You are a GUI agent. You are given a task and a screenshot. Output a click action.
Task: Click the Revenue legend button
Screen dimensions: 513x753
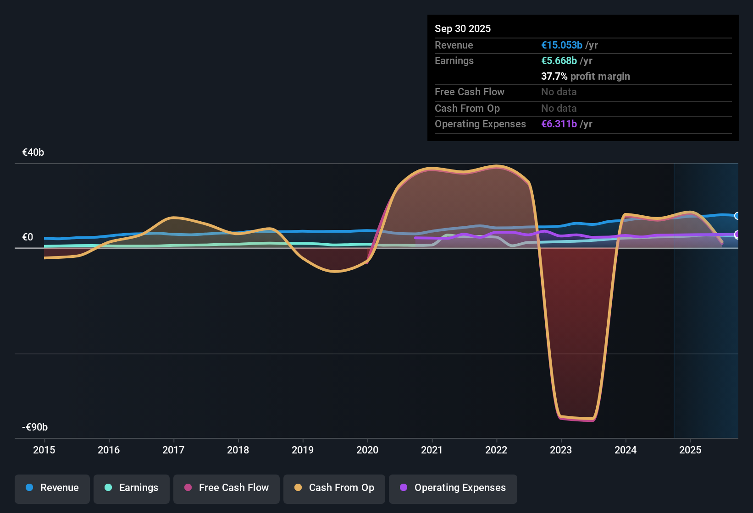[x=52, y=488]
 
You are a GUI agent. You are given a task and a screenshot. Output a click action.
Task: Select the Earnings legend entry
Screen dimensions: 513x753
[x=132, y=488]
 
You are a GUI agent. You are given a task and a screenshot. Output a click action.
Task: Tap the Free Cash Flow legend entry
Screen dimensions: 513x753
[x=227, y=488]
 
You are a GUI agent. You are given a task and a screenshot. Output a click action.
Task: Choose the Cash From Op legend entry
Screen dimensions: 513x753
[x=334, y=488]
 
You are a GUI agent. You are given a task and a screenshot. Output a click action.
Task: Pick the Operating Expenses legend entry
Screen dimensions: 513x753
[x=453, y=488]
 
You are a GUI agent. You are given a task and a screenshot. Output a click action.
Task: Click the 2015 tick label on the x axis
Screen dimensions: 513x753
[x=44, y=450]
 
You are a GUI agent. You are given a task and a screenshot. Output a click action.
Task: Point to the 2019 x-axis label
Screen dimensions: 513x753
[x=303, y=450]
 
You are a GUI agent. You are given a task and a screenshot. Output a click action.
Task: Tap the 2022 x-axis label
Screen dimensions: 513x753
[x=496, y=450]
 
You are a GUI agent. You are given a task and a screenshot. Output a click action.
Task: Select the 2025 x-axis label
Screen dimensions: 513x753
[x=690, y=450]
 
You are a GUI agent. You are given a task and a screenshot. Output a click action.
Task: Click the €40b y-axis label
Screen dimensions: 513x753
[x=33, y=153]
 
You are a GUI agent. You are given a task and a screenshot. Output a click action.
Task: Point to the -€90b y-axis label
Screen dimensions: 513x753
[x=35, y=427]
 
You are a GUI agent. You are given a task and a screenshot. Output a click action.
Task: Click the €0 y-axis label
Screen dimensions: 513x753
[x=28, y=237]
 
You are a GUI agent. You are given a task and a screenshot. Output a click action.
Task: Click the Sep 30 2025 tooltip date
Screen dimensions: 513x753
[x=463, y=29]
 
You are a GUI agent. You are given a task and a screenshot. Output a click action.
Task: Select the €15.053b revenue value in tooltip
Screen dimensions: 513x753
[x=562, y=45]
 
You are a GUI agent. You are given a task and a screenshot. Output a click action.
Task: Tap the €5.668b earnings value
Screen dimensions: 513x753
[x=559, y=61]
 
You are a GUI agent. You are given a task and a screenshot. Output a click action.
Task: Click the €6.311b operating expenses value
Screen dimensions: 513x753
[x=559, y=124]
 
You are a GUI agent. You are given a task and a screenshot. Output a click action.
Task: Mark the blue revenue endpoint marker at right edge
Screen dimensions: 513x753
[x=737, y=216]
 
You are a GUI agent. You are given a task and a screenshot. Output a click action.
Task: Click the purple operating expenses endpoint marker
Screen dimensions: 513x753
[x=737, y=235]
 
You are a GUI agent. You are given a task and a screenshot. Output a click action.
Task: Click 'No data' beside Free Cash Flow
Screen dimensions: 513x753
[x=559, y=92]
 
